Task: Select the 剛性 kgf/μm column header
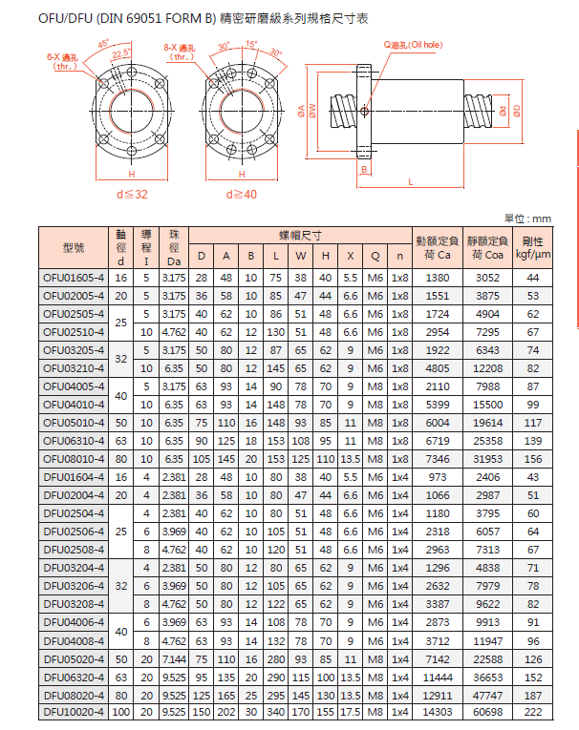pos(533,248)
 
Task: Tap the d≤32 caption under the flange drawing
pos(132,194)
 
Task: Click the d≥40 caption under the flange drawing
pos(241,194)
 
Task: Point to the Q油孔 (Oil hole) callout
pos(414,45)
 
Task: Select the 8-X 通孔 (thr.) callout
pos(179,52)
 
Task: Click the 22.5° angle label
pos(121,54)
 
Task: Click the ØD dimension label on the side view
pos(516,111)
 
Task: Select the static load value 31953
pos(487,459)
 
